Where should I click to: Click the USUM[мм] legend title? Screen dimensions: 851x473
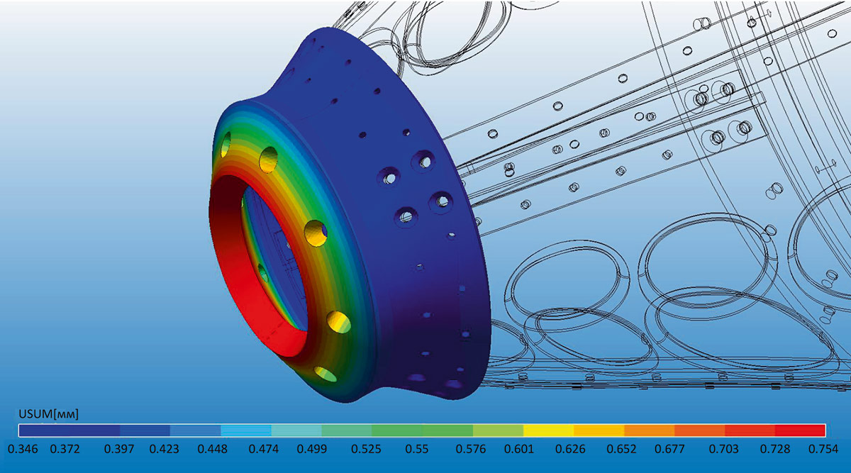pos(49,414)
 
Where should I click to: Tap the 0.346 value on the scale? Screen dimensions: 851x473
pos(23,449)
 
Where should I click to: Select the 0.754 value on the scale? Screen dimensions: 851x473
pos(823,449)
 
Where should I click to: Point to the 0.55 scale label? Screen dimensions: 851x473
pos(417,449)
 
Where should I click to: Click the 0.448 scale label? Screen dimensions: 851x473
pos(212,449)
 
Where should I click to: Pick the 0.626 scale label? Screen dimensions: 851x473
pos(570,449)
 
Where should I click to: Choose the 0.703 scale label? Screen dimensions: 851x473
pos(724,449)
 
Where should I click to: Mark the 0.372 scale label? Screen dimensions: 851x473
pos(65,449)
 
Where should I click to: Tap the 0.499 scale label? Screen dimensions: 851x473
pos(312,449)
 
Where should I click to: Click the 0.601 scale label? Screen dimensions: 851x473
pos(519,449)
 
